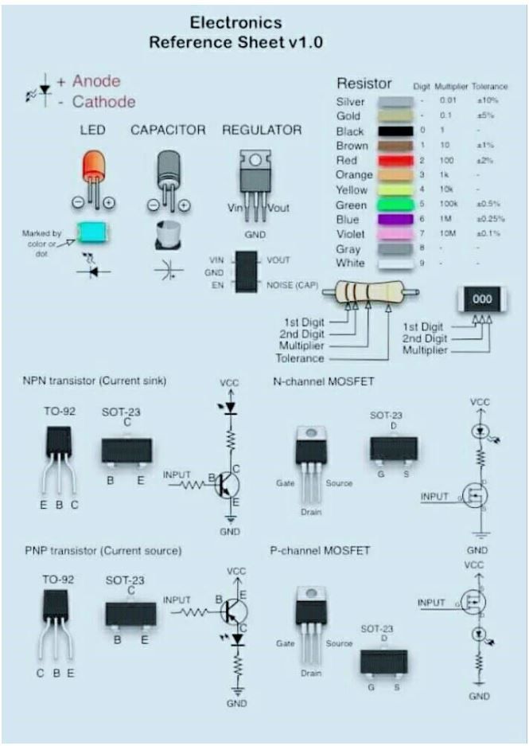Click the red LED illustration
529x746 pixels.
94,168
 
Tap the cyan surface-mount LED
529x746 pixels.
94,233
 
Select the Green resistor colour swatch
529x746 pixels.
396,205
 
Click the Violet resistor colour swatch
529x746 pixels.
396,234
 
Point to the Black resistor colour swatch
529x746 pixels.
396,131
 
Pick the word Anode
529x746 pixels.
96,81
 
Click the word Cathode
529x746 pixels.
103,102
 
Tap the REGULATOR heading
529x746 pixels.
262,130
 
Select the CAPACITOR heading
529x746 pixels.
168,130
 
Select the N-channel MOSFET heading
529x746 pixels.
323,381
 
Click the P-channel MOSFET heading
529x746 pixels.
322,550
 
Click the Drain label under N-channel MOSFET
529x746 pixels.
311,512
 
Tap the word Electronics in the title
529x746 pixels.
236,23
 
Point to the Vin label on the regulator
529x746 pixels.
235,208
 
